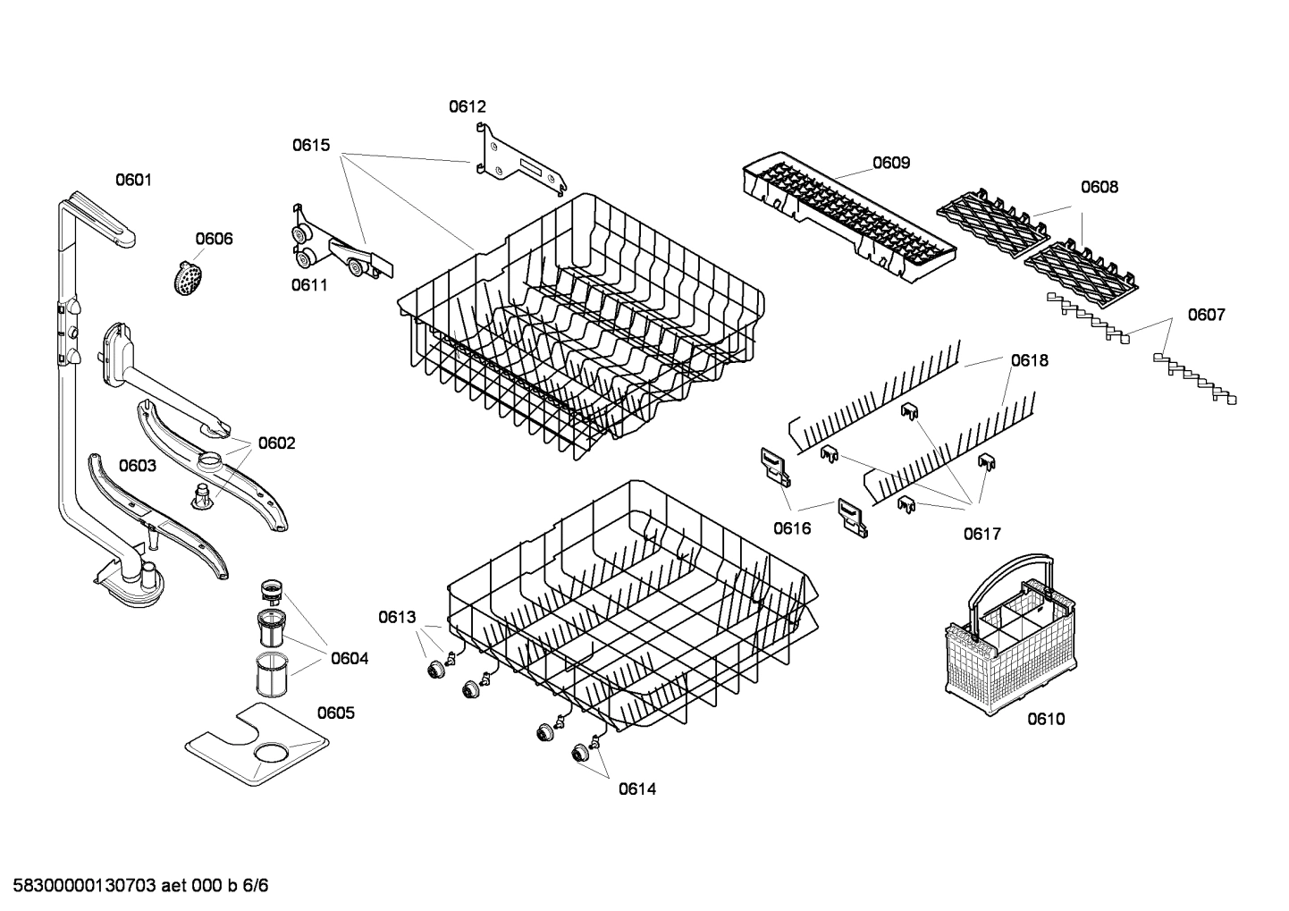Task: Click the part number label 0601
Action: point(133,180)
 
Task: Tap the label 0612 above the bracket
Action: point(467,106)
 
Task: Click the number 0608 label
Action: point(1099,187)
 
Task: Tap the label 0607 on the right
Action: point(1206,315)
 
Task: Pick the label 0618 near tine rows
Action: point(1030,360)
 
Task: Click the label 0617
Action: point(981,534)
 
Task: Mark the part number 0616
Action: point(792,528)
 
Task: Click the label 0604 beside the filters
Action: point(349,659)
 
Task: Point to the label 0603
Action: point(138,466)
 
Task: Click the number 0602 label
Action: point(276,443)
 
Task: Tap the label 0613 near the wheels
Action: point(397,617)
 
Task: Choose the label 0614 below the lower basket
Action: point(636,789)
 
